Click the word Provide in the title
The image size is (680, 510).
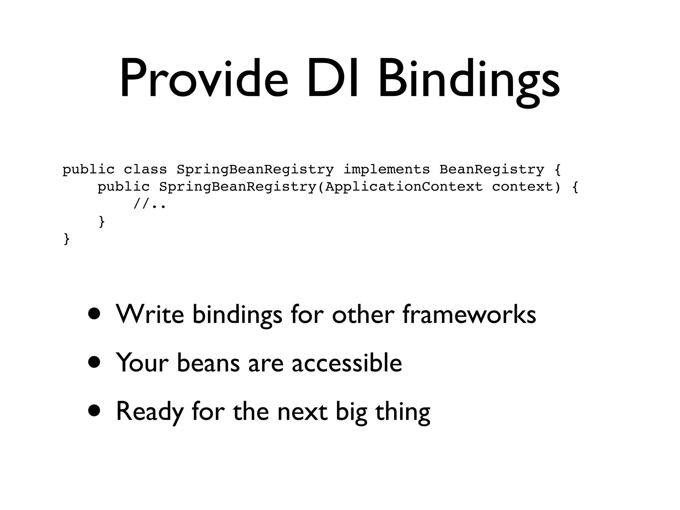pos(203,79)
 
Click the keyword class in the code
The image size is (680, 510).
pos(145,170)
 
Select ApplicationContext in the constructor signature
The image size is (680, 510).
pos(404,187)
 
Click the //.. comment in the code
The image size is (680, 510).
pos(149,204)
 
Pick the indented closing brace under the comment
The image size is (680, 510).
pos(102,221)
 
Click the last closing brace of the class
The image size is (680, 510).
pos(67,239)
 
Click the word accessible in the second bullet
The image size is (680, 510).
pos(347,363)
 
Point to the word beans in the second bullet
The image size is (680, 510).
pos(208,363)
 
